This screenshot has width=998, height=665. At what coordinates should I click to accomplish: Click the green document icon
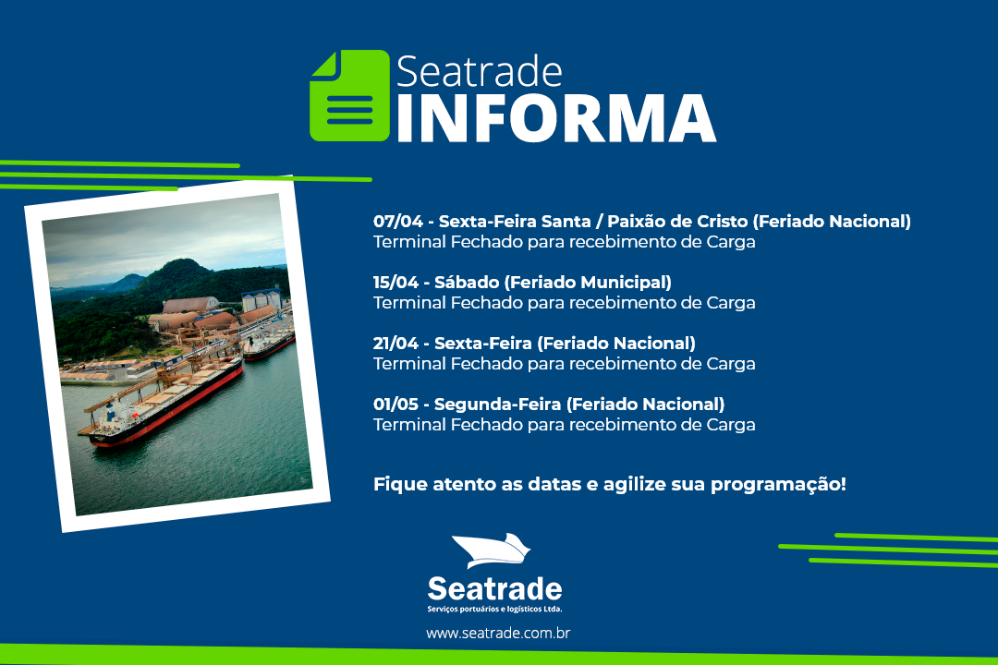[349, 95]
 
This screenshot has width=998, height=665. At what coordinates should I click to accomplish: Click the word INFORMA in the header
[557, 119]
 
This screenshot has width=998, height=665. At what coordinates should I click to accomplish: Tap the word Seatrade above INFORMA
[480, 71]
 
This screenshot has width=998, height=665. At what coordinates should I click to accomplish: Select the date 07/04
[397, 222]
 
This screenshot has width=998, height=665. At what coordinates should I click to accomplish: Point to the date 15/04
[397, 283]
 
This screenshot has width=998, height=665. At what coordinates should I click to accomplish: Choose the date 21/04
[396, 344]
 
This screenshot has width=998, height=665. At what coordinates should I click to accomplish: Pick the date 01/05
[396, 405]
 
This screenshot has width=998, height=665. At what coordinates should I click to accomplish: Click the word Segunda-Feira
[497, 405]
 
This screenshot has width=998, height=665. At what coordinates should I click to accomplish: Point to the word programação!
[778, 485]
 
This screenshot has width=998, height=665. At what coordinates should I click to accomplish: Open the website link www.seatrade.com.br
[498, 634]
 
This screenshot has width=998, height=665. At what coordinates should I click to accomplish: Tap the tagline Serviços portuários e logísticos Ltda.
[494, 609]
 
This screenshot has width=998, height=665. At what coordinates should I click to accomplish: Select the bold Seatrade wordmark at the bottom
[494, 588]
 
